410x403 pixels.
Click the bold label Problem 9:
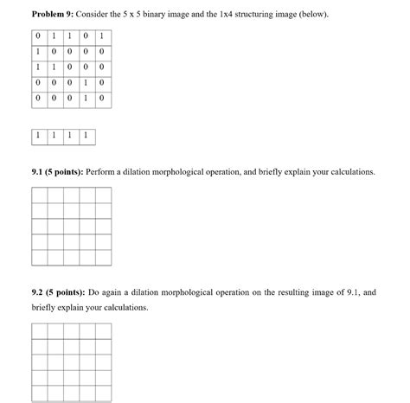coord(53,16)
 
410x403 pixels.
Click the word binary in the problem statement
coord(164,16)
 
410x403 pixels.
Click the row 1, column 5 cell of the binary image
coord(101,36)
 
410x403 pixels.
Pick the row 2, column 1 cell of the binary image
coord(39,52)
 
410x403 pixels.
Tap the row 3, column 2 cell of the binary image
coord(54,67)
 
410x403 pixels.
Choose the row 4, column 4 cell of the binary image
coord(86,83)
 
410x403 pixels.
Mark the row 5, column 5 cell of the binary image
coord(101,99)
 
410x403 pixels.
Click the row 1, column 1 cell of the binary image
coord(39,36)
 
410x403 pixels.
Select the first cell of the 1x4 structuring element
coord(39,136)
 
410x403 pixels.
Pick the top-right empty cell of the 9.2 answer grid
coord(101,332)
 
